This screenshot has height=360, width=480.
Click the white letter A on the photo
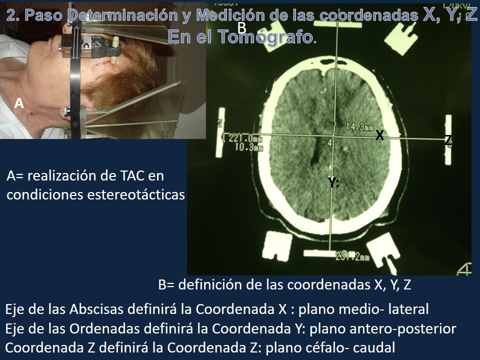tap(19, 103)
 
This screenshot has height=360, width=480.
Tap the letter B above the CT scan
tap(242, 27)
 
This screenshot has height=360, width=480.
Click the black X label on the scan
tap(380, 135)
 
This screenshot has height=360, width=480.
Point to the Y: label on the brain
tap(333, 182)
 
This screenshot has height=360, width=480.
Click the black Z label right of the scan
tap(448, 140)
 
